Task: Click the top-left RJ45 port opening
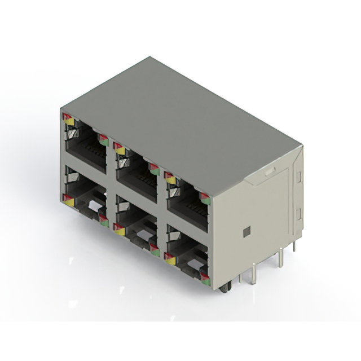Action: pyautogui.click(x=86, y=148)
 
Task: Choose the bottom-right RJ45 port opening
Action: pyautogui.click(x=187, y=253)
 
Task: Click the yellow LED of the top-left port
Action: pyautogui.click(x=69, y=121)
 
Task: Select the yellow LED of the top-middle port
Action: pyautogui.click(x=120, y=150)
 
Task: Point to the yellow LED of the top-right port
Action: pyautogui.click(x=170, y=180)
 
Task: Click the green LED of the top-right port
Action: pyautogui.click(x=205, y=200)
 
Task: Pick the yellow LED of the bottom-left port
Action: pyautogui.click(x=69, y=201)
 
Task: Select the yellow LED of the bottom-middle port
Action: pyautogui.click(x=120, y=231)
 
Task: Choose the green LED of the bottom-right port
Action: pyautogui.click(x=205, y=282)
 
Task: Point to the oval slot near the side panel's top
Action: pyautogui.click(x=270, y=170)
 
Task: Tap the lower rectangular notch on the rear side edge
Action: pyautogui.click(x=298, y=214)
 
